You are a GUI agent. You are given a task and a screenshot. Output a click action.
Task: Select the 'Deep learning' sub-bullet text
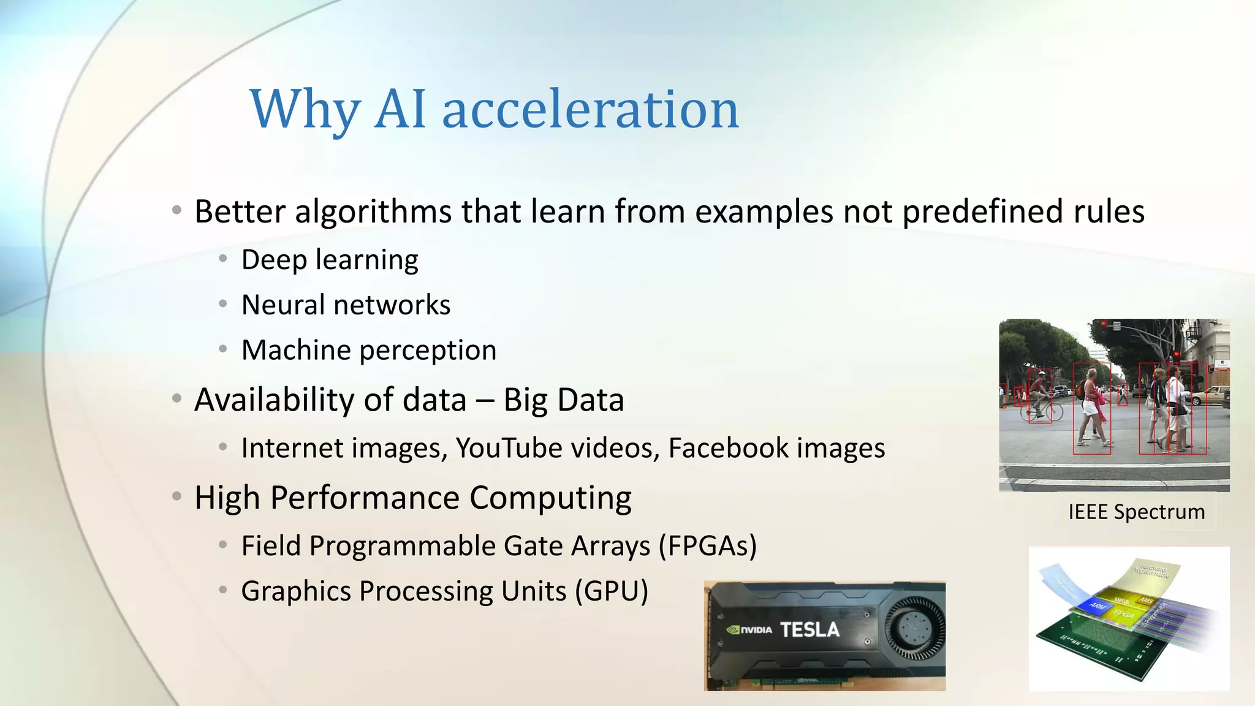point(330,260)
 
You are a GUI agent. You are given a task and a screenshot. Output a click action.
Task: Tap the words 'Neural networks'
point(346,305)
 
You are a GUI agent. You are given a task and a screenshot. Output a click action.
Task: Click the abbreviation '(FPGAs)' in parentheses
point(708,545)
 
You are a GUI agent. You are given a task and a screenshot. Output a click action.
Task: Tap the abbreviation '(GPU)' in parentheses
point(611,591)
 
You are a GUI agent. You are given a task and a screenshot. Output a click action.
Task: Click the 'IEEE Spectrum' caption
point(1136,512)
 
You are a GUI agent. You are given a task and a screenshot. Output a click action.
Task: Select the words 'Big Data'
point(563,400)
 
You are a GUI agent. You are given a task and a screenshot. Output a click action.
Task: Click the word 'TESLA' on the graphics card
point(809,629)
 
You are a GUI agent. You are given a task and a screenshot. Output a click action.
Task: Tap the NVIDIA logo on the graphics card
point(749,629)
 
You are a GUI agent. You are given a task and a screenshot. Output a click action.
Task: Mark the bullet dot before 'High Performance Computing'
point(176,496)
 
